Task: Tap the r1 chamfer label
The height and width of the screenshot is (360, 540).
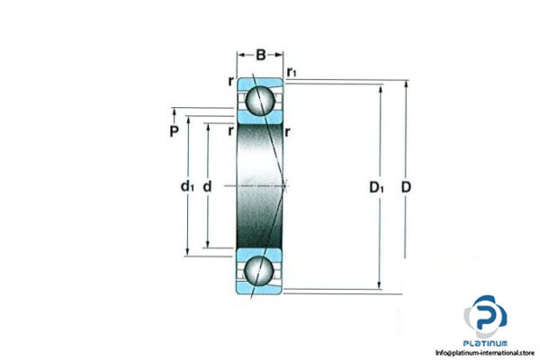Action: [292, 71]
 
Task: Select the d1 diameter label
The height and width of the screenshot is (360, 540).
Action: [186, 186]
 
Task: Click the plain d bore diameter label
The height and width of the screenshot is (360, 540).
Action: [207, 186]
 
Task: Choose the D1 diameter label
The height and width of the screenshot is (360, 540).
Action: [377, 187]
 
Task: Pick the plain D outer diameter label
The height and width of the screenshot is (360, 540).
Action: [406, 187]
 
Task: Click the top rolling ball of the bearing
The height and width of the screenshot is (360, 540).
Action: [261, 98]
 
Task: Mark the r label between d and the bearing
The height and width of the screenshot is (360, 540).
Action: [230, 130]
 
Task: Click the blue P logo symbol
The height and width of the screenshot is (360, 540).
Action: [485, 317]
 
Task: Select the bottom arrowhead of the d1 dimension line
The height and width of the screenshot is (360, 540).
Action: [187, 252]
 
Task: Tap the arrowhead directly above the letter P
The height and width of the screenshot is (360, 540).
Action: [174, 115]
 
